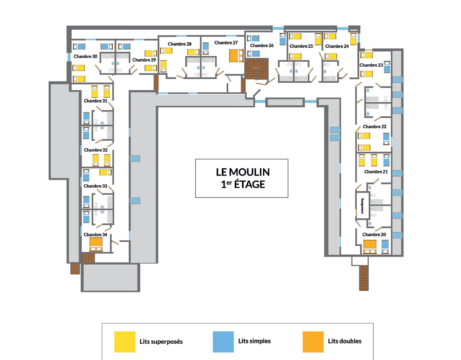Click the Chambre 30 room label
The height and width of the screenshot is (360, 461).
pyautogui.click(x=85, y=56)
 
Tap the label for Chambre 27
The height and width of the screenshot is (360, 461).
pyautogui.click(x=226, y=43)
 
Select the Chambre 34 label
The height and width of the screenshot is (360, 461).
pyautogui.click(x=95, y=234)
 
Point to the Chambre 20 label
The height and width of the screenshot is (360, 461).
pyautogui.click(x=374, y=234)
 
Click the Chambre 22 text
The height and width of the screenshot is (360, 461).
pyautogui.click(x=375, y=126)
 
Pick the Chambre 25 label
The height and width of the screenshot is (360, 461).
pyautogui.click(x=301, y=46)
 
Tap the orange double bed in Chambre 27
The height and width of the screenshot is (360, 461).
pyautogui.click(x=236, y=56)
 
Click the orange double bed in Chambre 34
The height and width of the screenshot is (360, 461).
pyautogui.click(x=96, y=244)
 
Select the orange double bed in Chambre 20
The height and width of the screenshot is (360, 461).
pyautogui.click(x=370, y=247)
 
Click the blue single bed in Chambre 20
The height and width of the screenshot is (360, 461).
pyautogui.click(x=385, y=247)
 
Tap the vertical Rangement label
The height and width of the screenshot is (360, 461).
pyautogui.click(x=362, y=206)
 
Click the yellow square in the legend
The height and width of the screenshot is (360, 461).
pyautogui.click(x=125, y=342)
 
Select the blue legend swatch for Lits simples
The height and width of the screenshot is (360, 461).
pyautogui.click(x=223, y=342)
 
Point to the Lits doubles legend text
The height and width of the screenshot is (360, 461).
pyautogui.click(x=344, y=341)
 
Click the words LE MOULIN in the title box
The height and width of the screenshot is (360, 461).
pyautogui.click(x=243, y=172)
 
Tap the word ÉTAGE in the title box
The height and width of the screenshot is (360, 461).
pyautogui.click(x=249, y=184)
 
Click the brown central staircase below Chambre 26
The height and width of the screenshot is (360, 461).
pyautogui.click(x=257, y=69)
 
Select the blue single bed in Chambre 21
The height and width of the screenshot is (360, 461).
pyautogui.click(x=386, y=160)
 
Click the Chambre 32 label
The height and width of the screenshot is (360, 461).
pyautogui.click(x=95, y=150)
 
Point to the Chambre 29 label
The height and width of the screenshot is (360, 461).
pyautogui.click(x=144, y=60)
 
